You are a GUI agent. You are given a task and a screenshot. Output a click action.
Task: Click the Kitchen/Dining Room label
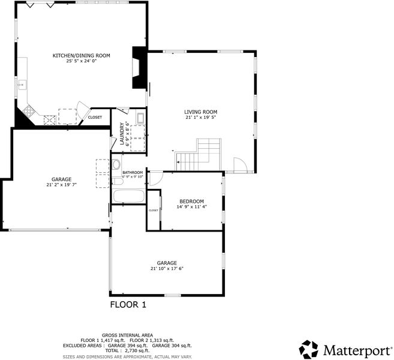tap(81, 56)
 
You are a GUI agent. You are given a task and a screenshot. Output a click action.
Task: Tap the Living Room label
tap(200, 112)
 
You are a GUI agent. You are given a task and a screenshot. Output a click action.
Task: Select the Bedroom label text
tap(191, 202)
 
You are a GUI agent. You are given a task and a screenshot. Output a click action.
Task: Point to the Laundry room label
tap(122, 133)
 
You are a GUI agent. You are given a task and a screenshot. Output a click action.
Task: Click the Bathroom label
tap(133, 172)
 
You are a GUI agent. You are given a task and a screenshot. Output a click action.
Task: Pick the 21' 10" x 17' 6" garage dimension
tap(167, 268)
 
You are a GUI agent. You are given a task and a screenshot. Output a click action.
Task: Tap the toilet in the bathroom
tap(116, 164)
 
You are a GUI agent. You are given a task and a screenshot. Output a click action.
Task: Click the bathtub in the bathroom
tap(128, 196)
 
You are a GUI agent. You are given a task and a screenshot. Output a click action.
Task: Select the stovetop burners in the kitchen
tap(29, 111)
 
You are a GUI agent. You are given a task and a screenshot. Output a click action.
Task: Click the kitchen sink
tap(22, 85)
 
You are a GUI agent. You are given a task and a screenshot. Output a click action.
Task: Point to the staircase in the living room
tap(198, 155)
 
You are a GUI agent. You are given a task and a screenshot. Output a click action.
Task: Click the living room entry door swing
tap(240, 165)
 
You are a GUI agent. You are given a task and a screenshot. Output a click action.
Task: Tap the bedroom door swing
tap(156, 179)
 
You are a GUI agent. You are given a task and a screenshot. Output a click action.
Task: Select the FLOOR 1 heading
tap(128, 305)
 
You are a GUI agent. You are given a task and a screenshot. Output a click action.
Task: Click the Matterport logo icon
tap(309, 349)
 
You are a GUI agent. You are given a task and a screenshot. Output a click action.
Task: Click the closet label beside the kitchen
tap(95, 118)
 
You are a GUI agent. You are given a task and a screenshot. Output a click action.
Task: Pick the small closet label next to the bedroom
tap(154, 211)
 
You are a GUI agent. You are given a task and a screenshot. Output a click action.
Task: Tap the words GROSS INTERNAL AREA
tap(127, 335)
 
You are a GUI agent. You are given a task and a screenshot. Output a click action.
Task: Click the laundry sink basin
tap(140, 118)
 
